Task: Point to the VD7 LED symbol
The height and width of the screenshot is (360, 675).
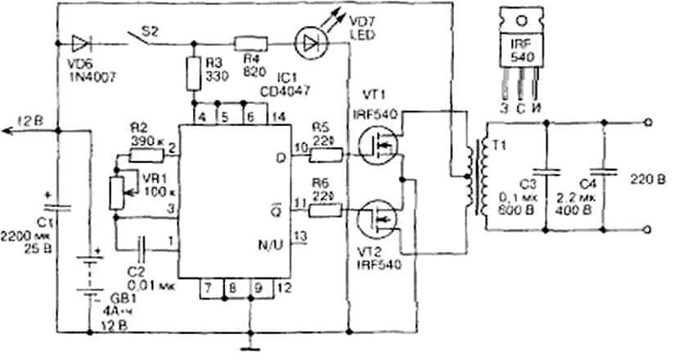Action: click(x=308, y=43)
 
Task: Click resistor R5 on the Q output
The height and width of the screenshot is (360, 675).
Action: click(x=325, y=152)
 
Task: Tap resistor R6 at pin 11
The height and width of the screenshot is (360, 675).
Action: click(x=325, y=210)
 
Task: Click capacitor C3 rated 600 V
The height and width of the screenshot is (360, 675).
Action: click(x=551, y=173)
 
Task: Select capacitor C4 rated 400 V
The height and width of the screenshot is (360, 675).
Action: click(x=605, y=172)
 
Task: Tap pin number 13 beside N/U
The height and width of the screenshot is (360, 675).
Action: click(x=300, y=236)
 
